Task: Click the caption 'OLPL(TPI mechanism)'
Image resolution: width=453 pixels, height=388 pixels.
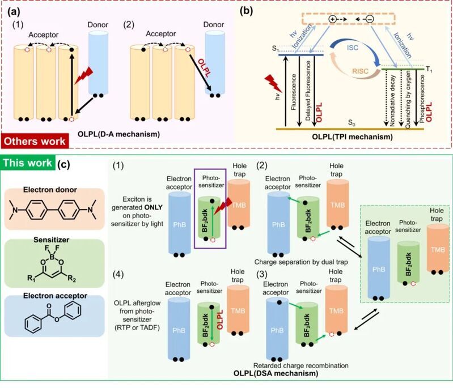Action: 356,121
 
